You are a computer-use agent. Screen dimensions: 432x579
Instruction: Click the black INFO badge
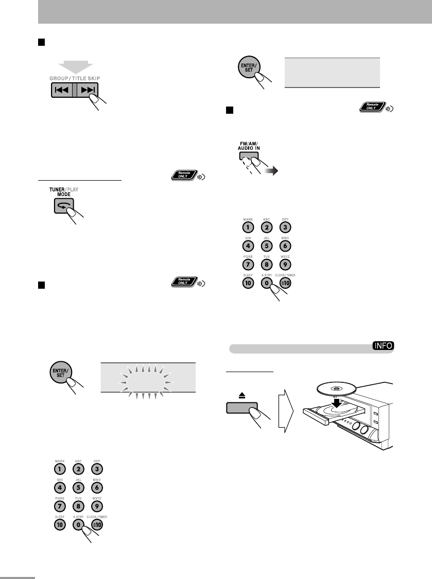point(383,347)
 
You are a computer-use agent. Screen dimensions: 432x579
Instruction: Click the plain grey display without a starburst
point(332,72)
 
